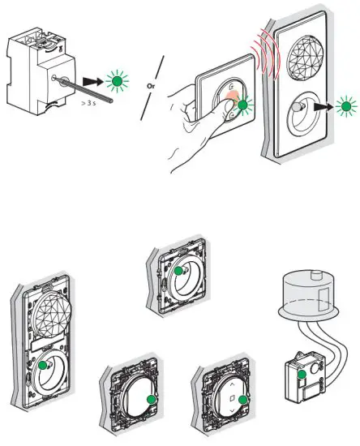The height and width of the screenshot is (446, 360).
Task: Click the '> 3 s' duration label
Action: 86,104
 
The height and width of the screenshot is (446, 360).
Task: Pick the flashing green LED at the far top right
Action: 347,105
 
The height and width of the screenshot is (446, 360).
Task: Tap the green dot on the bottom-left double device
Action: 43,366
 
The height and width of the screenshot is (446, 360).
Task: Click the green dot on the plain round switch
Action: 150,399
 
